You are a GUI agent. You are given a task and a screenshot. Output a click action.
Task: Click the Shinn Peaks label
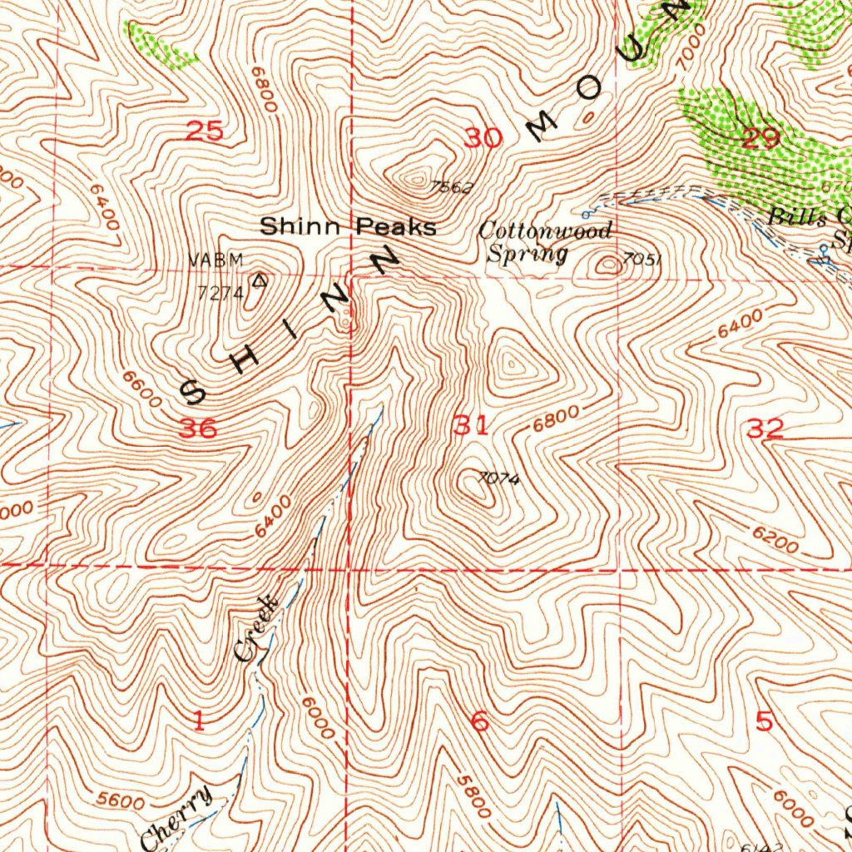tap(348, 226)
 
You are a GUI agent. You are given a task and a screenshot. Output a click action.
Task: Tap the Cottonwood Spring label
tap(545, 242)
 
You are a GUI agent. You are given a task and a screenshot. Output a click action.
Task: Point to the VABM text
tap(216, 260)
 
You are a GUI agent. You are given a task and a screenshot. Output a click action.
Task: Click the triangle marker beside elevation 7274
tap(260, 281)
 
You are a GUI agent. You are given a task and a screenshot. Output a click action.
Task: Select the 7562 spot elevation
tap(453, 188)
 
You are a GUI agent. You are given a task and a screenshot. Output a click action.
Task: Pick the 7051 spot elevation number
tap(642, 260)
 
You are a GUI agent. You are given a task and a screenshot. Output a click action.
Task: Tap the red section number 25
tap(205, 131)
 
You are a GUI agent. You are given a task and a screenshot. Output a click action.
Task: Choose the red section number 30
tap(483, 138)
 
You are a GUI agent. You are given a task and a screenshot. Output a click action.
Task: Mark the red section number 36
tap(199, 428)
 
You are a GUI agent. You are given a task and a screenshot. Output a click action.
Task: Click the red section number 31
tap(471, 427)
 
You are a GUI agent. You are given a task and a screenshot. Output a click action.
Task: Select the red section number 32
tap(765, 429)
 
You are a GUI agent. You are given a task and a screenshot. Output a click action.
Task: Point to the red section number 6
tap(480, 722)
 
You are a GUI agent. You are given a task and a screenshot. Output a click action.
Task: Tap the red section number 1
tap(198, 721)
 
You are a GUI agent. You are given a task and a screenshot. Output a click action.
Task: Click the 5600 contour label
tap(120, 800)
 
